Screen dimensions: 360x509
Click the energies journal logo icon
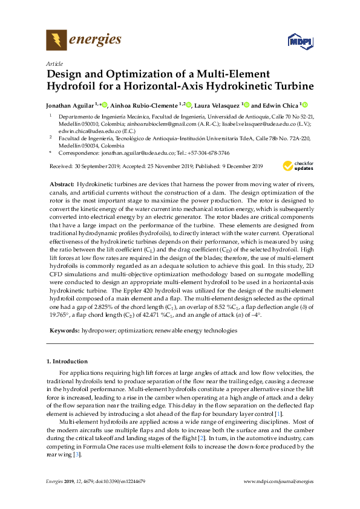57,41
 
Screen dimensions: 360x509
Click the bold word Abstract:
61,183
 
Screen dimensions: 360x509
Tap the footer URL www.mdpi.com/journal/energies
278,481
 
